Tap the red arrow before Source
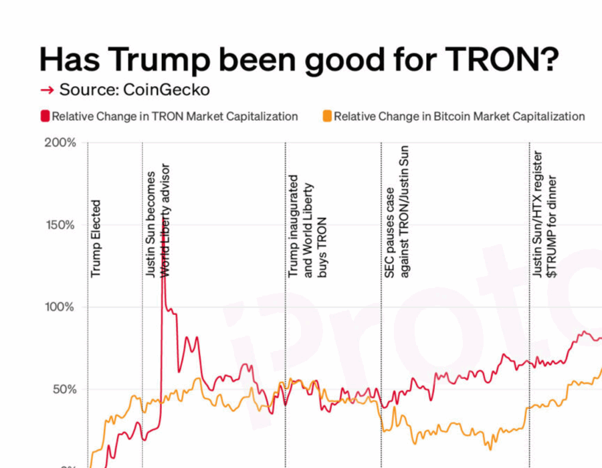(47, 90)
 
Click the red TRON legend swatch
(45, 116)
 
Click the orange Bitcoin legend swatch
(327, 116)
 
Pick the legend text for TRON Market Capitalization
(175, 116)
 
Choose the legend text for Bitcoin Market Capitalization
(460, 116)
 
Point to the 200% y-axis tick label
(60, 143)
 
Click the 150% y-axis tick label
(60, 225)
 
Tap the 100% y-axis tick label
(60, 307)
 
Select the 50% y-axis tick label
(63, 389)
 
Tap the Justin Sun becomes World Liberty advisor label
(159, 221)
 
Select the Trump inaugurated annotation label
(307, 226)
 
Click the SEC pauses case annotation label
(396, 211)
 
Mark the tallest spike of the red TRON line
(163, 271)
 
